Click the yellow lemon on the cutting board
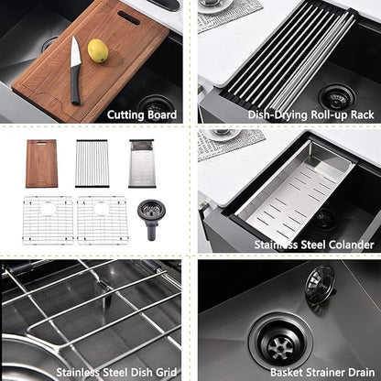click(98, 50)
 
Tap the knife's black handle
click(75, 85)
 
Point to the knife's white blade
click(74, 52)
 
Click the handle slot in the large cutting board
click(128, 17)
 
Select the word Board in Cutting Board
click(162, 114)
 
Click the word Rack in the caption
click(362, 114)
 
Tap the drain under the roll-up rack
click(337, 97)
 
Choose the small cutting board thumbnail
click(41, 163)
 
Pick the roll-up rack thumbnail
click(92, 163)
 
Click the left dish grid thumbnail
click(48, 220)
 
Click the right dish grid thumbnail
click(102, 220)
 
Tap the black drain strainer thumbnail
click(149, 219)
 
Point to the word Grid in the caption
click(167, 373)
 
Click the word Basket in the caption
click(286, 373)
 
